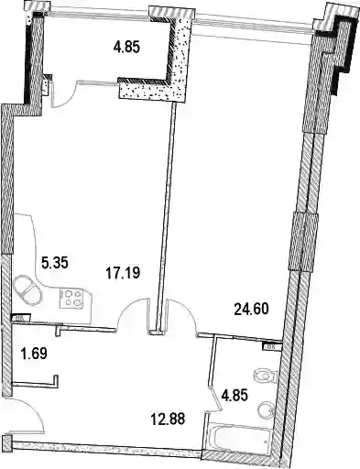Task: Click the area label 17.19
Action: click(x=123, y=272)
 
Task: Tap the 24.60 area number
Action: click(x=251, y=309)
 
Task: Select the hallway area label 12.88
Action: click(x=168, y=419)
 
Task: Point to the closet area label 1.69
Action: click(x=34, y=354)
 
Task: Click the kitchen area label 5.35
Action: click(x=54, y=263)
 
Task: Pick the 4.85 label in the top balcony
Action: click(x=126, y=48)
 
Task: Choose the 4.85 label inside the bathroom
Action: click(x=235, y=395)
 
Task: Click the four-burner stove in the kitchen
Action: click(x=71, y=299)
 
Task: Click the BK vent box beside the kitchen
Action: click(x=21, y=318)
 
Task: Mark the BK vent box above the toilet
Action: click(x=271, y=346)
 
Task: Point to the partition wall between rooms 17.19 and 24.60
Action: click(x=166, y=217)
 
